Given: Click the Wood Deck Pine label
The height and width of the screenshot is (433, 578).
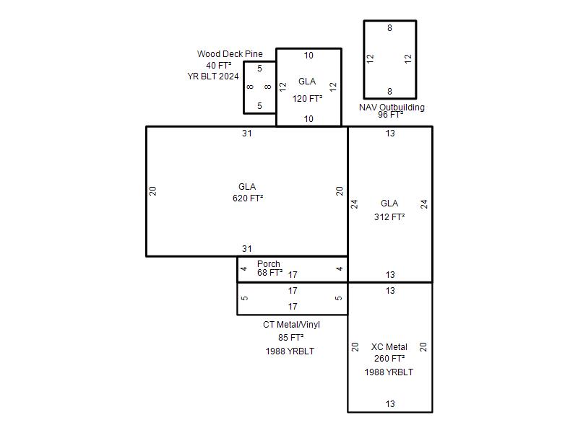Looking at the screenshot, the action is pyautogui.click(x=230, y=53).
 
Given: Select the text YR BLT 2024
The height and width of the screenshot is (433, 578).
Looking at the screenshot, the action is pyautogui.click(x=213, y=76).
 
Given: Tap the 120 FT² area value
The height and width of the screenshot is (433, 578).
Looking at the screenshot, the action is pyautogui.click(x=307, y=99).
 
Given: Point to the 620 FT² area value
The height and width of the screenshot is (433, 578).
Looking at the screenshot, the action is pyautogui.click(x=248, y=198).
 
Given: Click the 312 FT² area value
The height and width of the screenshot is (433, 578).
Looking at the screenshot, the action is pyautogui.click(x=389, y=217).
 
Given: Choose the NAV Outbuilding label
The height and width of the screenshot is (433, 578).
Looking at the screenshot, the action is pyautogui.click(x=392, y=107).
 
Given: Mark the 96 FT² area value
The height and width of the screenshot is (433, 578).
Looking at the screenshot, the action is pyautogui.click(x=390, y=115).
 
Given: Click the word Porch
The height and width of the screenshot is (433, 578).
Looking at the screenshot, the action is pyautogui.click(x=268, y=263).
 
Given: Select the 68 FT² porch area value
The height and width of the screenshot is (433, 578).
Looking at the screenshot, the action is pyautogui.click(x=269, y=273).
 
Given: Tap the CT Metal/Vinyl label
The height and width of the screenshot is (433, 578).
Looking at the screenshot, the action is pyautogui.click(x=291, y=324).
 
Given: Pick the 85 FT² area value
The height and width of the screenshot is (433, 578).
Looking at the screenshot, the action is pyautogui.click(x=291, y=337).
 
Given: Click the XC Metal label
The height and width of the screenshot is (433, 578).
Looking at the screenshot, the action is pyautogui.click(x=389, y=347).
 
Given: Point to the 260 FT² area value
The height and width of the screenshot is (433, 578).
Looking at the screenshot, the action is pyautogui.click(x=389, y=358).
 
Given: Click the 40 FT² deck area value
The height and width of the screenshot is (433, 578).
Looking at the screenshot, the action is pyautogui.click(x=219, y=65).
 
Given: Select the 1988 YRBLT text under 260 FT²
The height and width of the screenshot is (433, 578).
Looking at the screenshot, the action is pyautogui.click(x=389, y=372).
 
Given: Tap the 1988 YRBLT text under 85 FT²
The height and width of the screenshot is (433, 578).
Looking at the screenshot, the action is pyautogui.click(x=290, y=351).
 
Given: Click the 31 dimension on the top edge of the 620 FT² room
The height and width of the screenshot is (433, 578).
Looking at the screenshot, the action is pyautogui.click(x=247, y=134).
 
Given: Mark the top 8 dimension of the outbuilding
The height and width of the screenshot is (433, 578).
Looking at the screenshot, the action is pyautogui.click(x=389, y=28).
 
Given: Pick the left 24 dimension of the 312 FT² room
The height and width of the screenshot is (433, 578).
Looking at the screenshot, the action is pyautogui.click(x=354, y=204).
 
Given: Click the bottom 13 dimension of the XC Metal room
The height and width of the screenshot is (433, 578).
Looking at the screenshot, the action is pyautogui.click(x=390, y=404).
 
